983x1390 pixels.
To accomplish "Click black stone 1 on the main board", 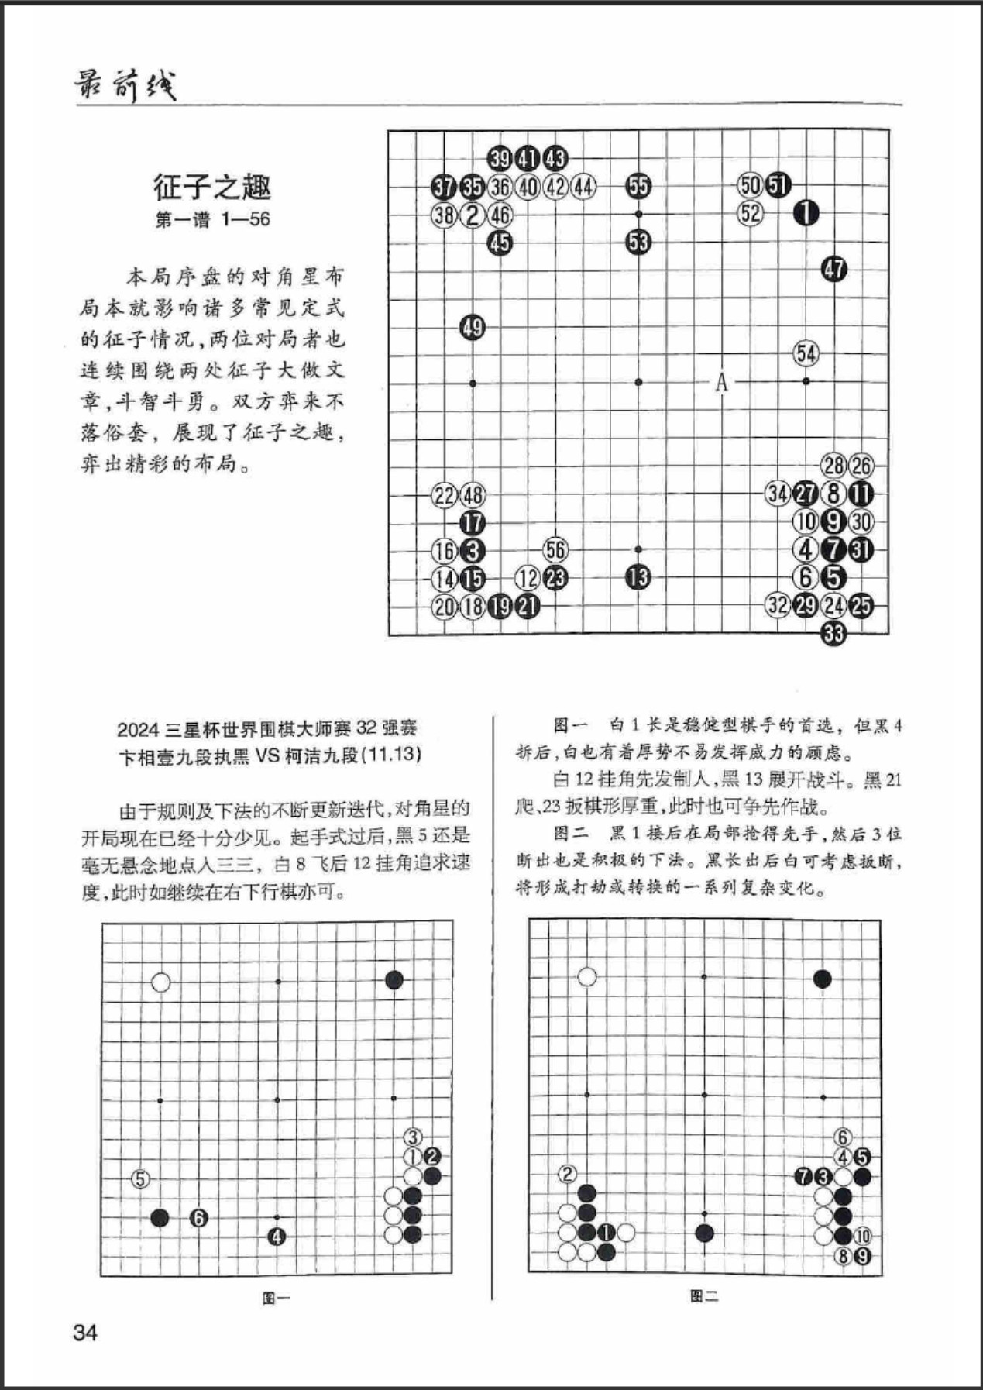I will tap(806, 212).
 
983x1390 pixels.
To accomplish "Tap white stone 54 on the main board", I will tap(806, 354).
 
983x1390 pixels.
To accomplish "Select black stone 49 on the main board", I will tap(473, 327).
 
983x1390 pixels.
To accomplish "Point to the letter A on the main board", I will tap(722, 382).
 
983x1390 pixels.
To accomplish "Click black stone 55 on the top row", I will tap(638, 186).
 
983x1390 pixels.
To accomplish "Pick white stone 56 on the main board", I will tap(555, 550).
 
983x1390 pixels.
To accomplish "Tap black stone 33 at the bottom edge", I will tap(833, 634).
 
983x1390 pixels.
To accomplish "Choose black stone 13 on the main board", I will tap(638, 578).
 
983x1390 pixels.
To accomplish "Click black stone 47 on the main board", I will tap(834, 270).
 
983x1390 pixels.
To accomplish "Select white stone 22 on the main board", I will tap(444, 495).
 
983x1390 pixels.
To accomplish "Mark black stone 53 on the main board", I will tap(638, 243).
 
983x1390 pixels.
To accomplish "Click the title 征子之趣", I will tap(211, 188).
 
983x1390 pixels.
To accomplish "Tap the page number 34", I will tap(85, 1333).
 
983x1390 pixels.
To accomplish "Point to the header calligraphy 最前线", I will tap(125, 85).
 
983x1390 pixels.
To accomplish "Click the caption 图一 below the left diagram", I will tap(277, 1297).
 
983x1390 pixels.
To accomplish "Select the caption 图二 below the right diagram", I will tap(704, 1295).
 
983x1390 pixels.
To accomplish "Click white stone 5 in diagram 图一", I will tap(140, 1179).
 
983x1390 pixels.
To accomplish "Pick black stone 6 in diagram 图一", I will tap(199, 1218).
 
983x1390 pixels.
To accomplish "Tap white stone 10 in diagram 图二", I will tap(862, 1237).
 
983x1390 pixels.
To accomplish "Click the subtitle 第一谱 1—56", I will tap(212, 219).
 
